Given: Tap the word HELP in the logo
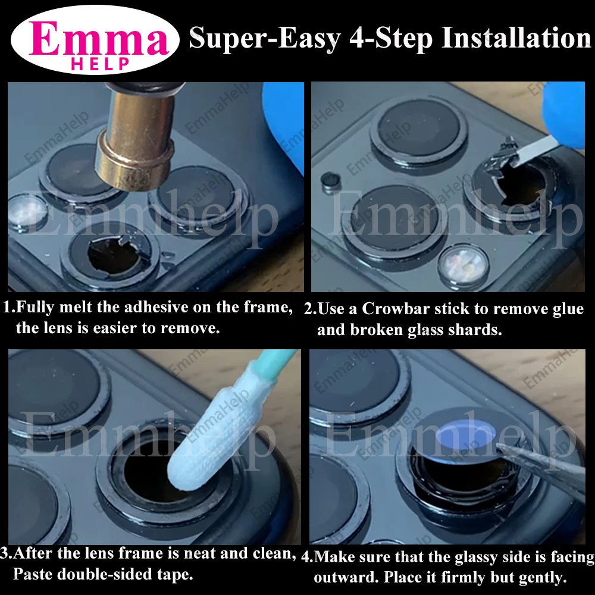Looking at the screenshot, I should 99,64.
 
